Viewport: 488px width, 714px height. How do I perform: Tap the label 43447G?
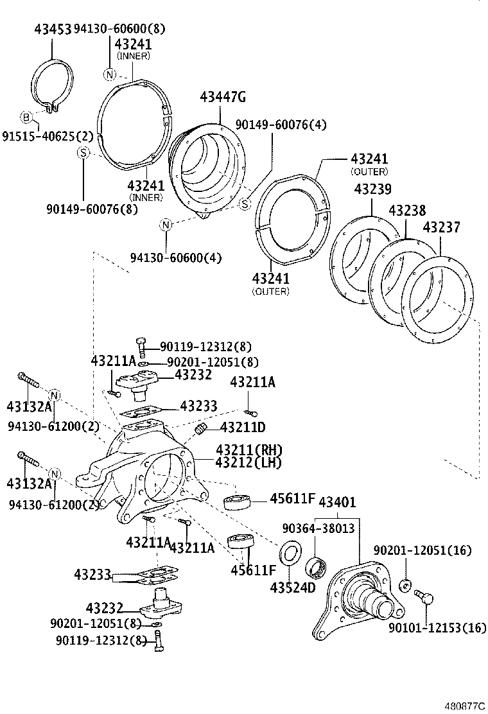point(223,98)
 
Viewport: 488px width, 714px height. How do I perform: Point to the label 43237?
point(441,228)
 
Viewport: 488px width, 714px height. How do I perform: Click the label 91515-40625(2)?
point(48,136)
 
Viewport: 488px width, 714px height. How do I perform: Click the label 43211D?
point(243,427)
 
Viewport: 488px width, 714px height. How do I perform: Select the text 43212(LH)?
point(249,462)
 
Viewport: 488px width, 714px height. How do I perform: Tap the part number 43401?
point(337,501)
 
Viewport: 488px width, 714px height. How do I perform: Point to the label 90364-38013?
point(318,528)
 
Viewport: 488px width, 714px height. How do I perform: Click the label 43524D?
point(292,588)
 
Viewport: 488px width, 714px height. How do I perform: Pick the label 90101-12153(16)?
point(437,627)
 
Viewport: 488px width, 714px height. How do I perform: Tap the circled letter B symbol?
point(26,117)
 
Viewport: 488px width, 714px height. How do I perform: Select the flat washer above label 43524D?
point(291,553)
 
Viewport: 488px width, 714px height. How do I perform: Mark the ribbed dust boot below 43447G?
point(205,167)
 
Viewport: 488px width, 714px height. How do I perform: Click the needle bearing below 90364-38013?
point(317,567)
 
